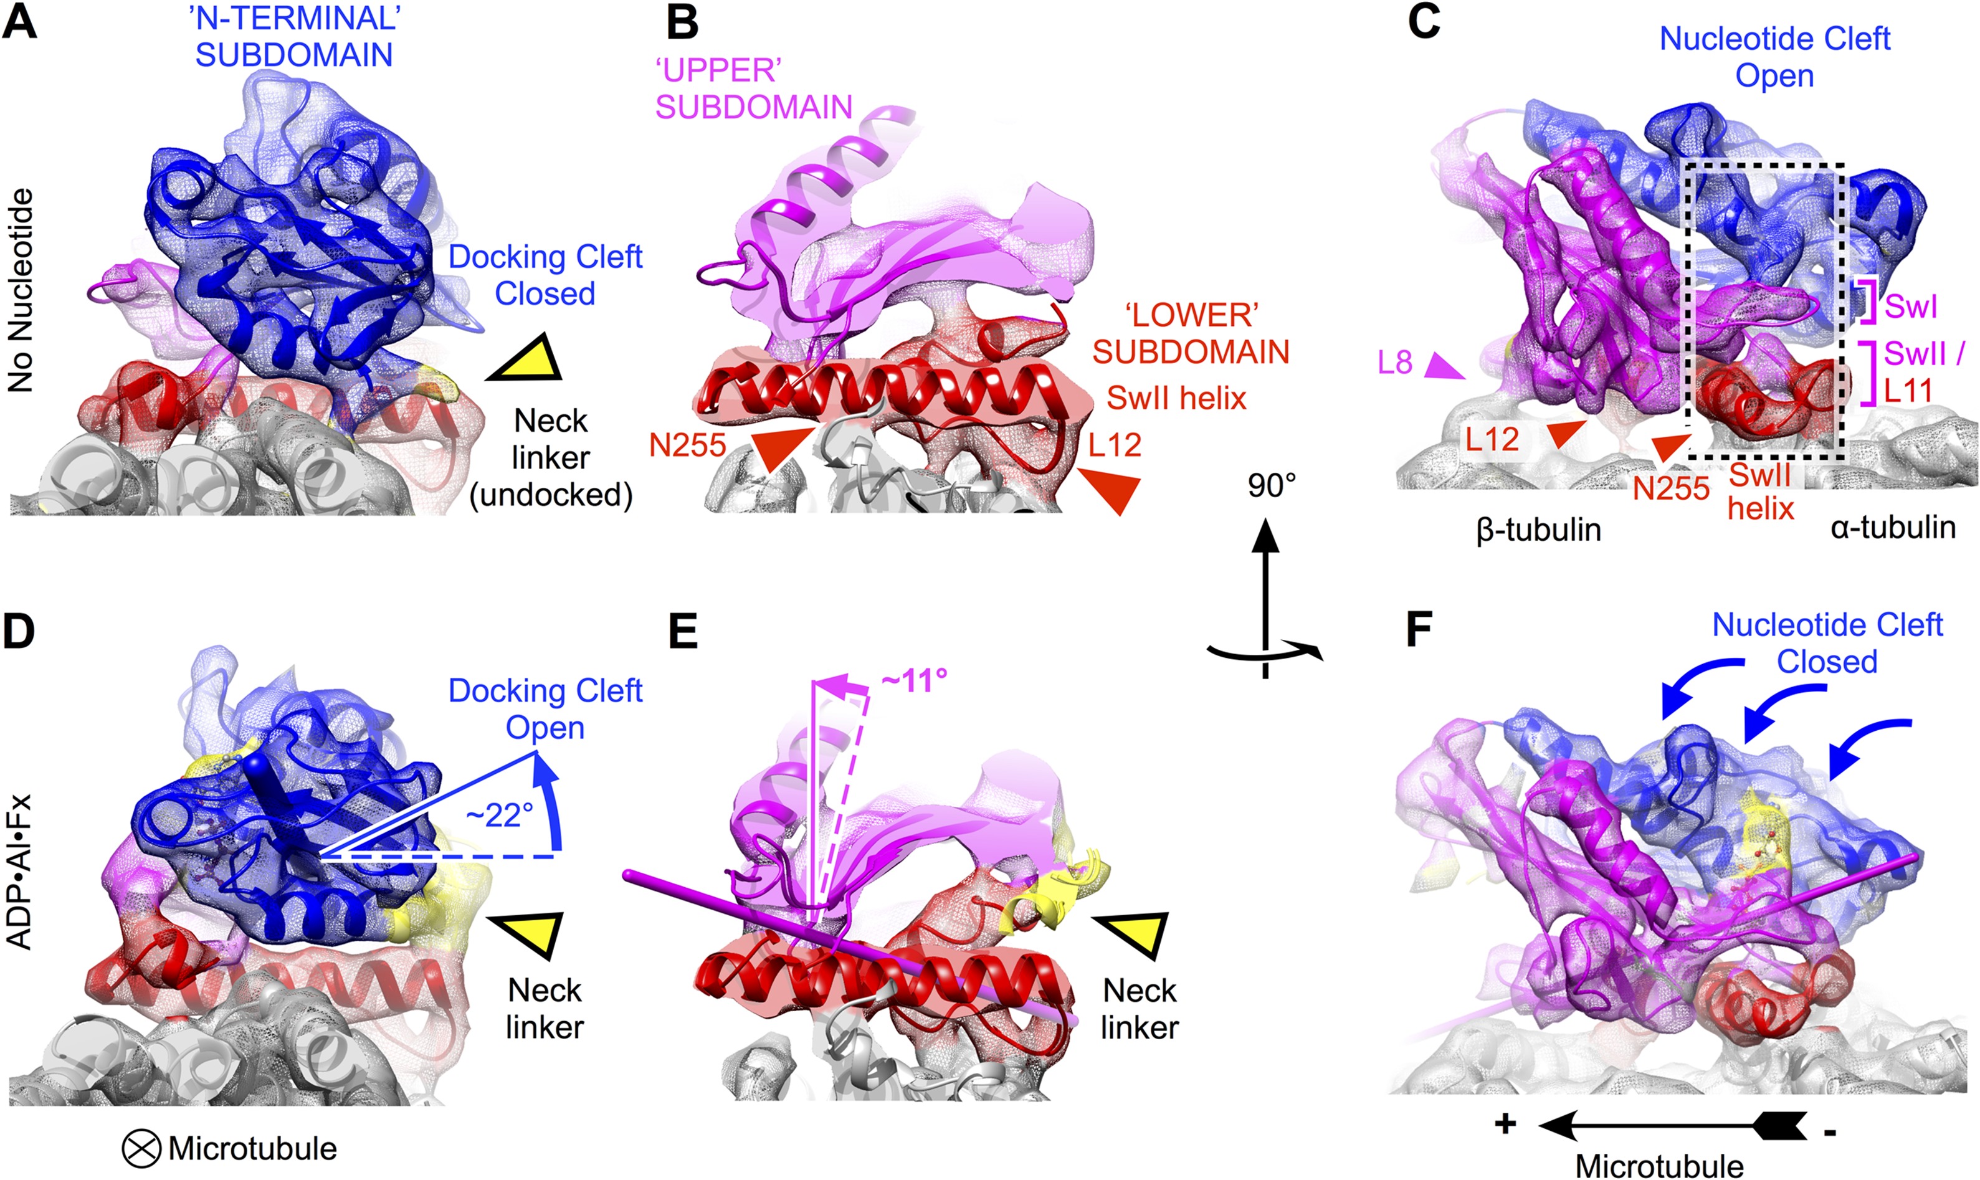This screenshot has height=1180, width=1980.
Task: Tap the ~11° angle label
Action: [x=915, y=680]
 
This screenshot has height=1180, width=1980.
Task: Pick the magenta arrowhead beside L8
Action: [x=1442, y=368]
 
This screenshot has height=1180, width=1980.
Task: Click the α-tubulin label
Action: [x=1893, y=527]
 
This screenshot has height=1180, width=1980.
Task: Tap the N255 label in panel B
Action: [x=687, y=445]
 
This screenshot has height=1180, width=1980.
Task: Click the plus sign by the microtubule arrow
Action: [x=1505, y=1123]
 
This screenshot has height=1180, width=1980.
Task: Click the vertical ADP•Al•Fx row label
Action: [x=19, y=871]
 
